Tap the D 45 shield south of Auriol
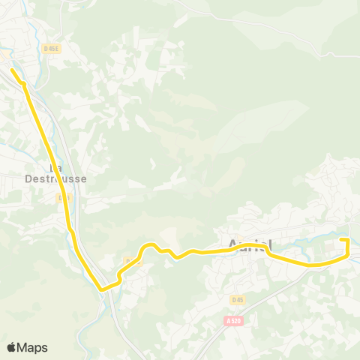237,300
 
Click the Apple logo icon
11,347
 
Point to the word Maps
32,347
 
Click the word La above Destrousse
54,168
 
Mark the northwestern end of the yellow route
13,70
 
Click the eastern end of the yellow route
341,239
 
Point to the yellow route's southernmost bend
102,287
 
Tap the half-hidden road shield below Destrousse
61,198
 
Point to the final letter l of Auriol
268,244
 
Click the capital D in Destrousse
28,178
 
